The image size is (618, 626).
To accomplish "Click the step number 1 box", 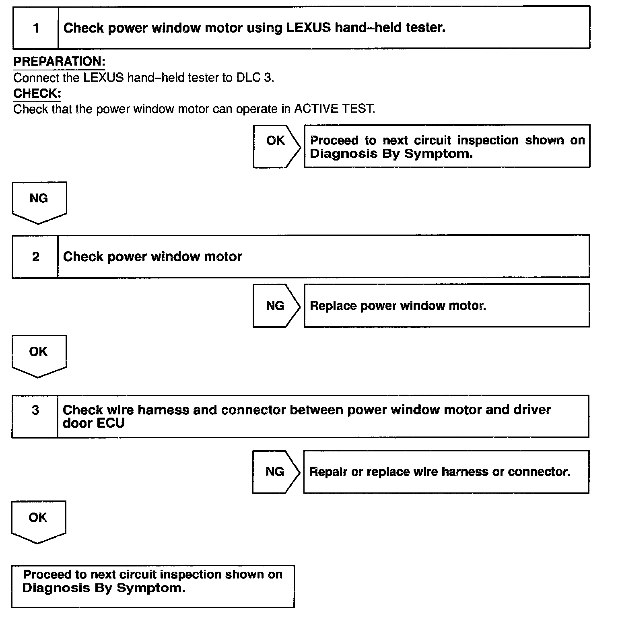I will pyautogui.click(x=36, y=28).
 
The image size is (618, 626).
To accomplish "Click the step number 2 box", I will pyautogui.click(x=35, y=257).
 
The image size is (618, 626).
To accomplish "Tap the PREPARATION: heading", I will pyautogui.click(x=59, y=62).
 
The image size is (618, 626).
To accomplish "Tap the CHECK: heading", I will pyautogui.click(x=37, y=93).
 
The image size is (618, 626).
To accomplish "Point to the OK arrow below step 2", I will pyautogui.click(x=39, y=355).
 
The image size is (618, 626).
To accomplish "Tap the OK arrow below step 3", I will pyautogui.click(x=38, y=521).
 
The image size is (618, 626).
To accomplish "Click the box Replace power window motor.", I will pyautogui.click(x=447, y=306).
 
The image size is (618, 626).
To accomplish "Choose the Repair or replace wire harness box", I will pyautogui.click(x=446, y=472).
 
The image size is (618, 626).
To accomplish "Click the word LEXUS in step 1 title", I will pyautogui.click(x=308, y=28).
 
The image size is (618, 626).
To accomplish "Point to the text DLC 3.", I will pyautogui.click(x=255, y=78).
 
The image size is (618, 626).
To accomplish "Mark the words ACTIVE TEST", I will pyautogui.click(x=334, y=109).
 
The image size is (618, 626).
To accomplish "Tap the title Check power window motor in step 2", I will pyautogui.click(x=152, y=257).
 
